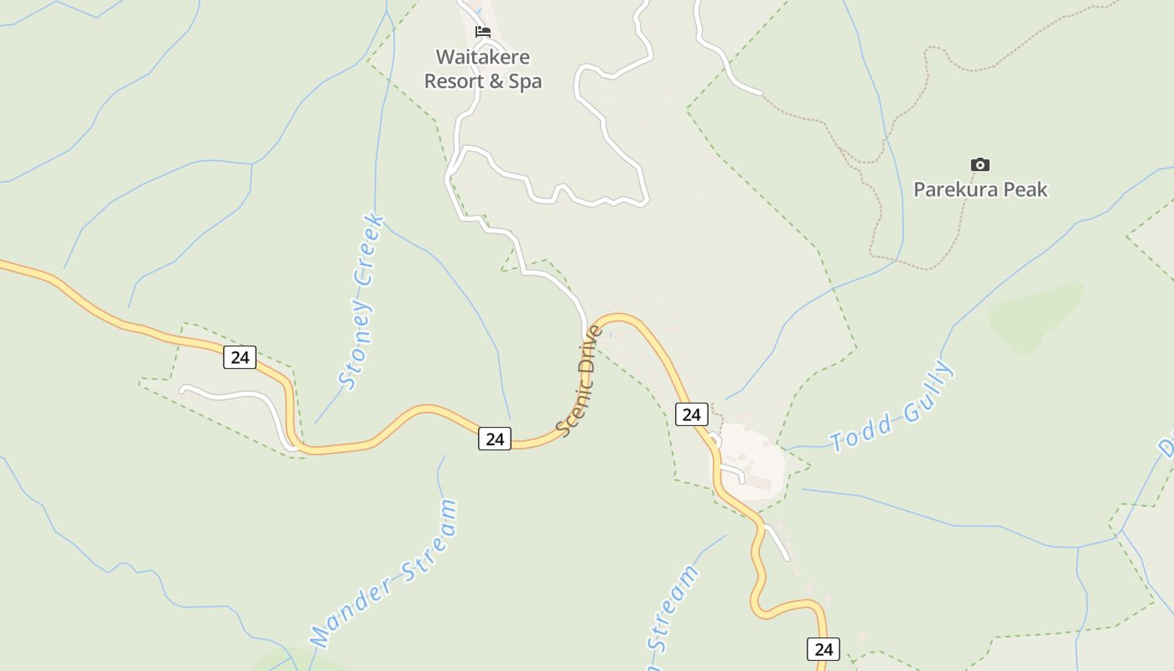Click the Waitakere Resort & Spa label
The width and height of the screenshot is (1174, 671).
(x=483, y=70)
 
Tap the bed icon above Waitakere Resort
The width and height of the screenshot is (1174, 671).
(x=482, y=32)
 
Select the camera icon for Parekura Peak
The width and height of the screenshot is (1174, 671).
(x=979, y=164)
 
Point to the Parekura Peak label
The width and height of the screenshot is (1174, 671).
(x=980, y=190)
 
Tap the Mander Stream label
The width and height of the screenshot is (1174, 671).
(x=383, y=574)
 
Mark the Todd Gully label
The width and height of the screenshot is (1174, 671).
(x=891, y=407)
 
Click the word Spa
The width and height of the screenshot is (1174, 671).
(x=525, y=81)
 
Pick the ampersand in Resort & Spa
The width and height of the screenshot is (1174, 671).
(x=496, y=81)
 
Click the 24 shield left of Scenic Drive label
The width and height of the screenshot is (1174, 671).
(x=495, y=438)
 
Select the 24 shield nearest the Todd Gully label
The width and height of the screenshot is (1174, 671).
(x=691, y=414)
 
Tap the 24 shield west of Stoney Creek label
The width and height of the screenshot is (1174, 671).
(x=240, y=357)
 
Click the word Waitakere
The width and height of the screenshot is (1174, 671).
(x=483, y=57)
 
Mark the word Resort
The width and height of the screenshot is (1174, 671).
(x=454, y=81)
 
